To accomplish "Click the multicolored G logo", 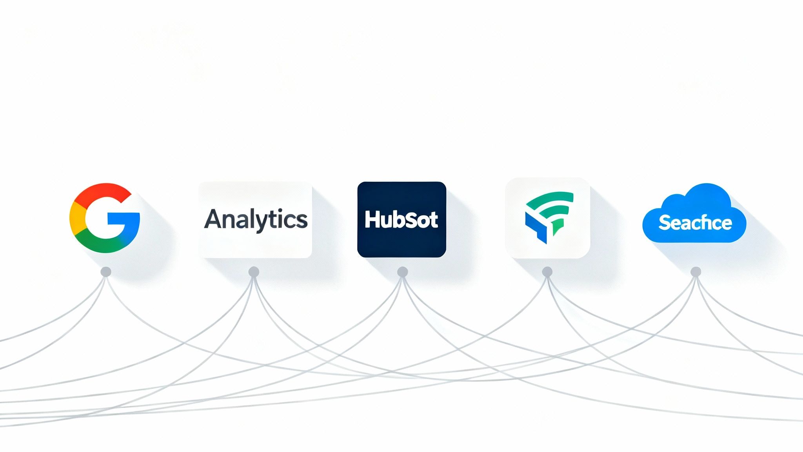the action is pyautogui.click(x=105, y=218).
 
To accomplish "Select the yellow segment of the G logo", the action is pyautogui.click(x=76, y=218).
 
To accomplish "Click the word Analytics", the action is pyautogui.click(x=256, y=219).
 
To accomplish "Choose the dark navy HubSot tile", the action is pyautogui.click(x=401, y=219).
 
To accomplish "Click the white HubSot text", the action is pyautogui.click(x=401, y=220).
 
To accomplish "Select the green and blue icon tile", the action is pyautogui.click(x=548, y=218).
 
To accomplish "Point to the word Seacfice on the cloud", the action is pyautogui.click(x=695, y=222).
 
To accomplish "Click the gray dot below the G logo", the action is pyautogui.click(x=106, y=272).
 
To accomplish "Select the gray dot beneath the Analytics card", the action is pyautogui.click(x=254, y=272).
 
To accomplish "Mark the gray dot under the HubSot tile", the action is pyautogui.click(x=403, y=272).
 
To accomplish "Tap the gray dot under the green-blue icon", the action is pyautogui.click(x=547, y=272).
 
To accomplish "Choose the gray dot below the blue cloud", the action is pyautogui.click(x=696, y=272).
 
